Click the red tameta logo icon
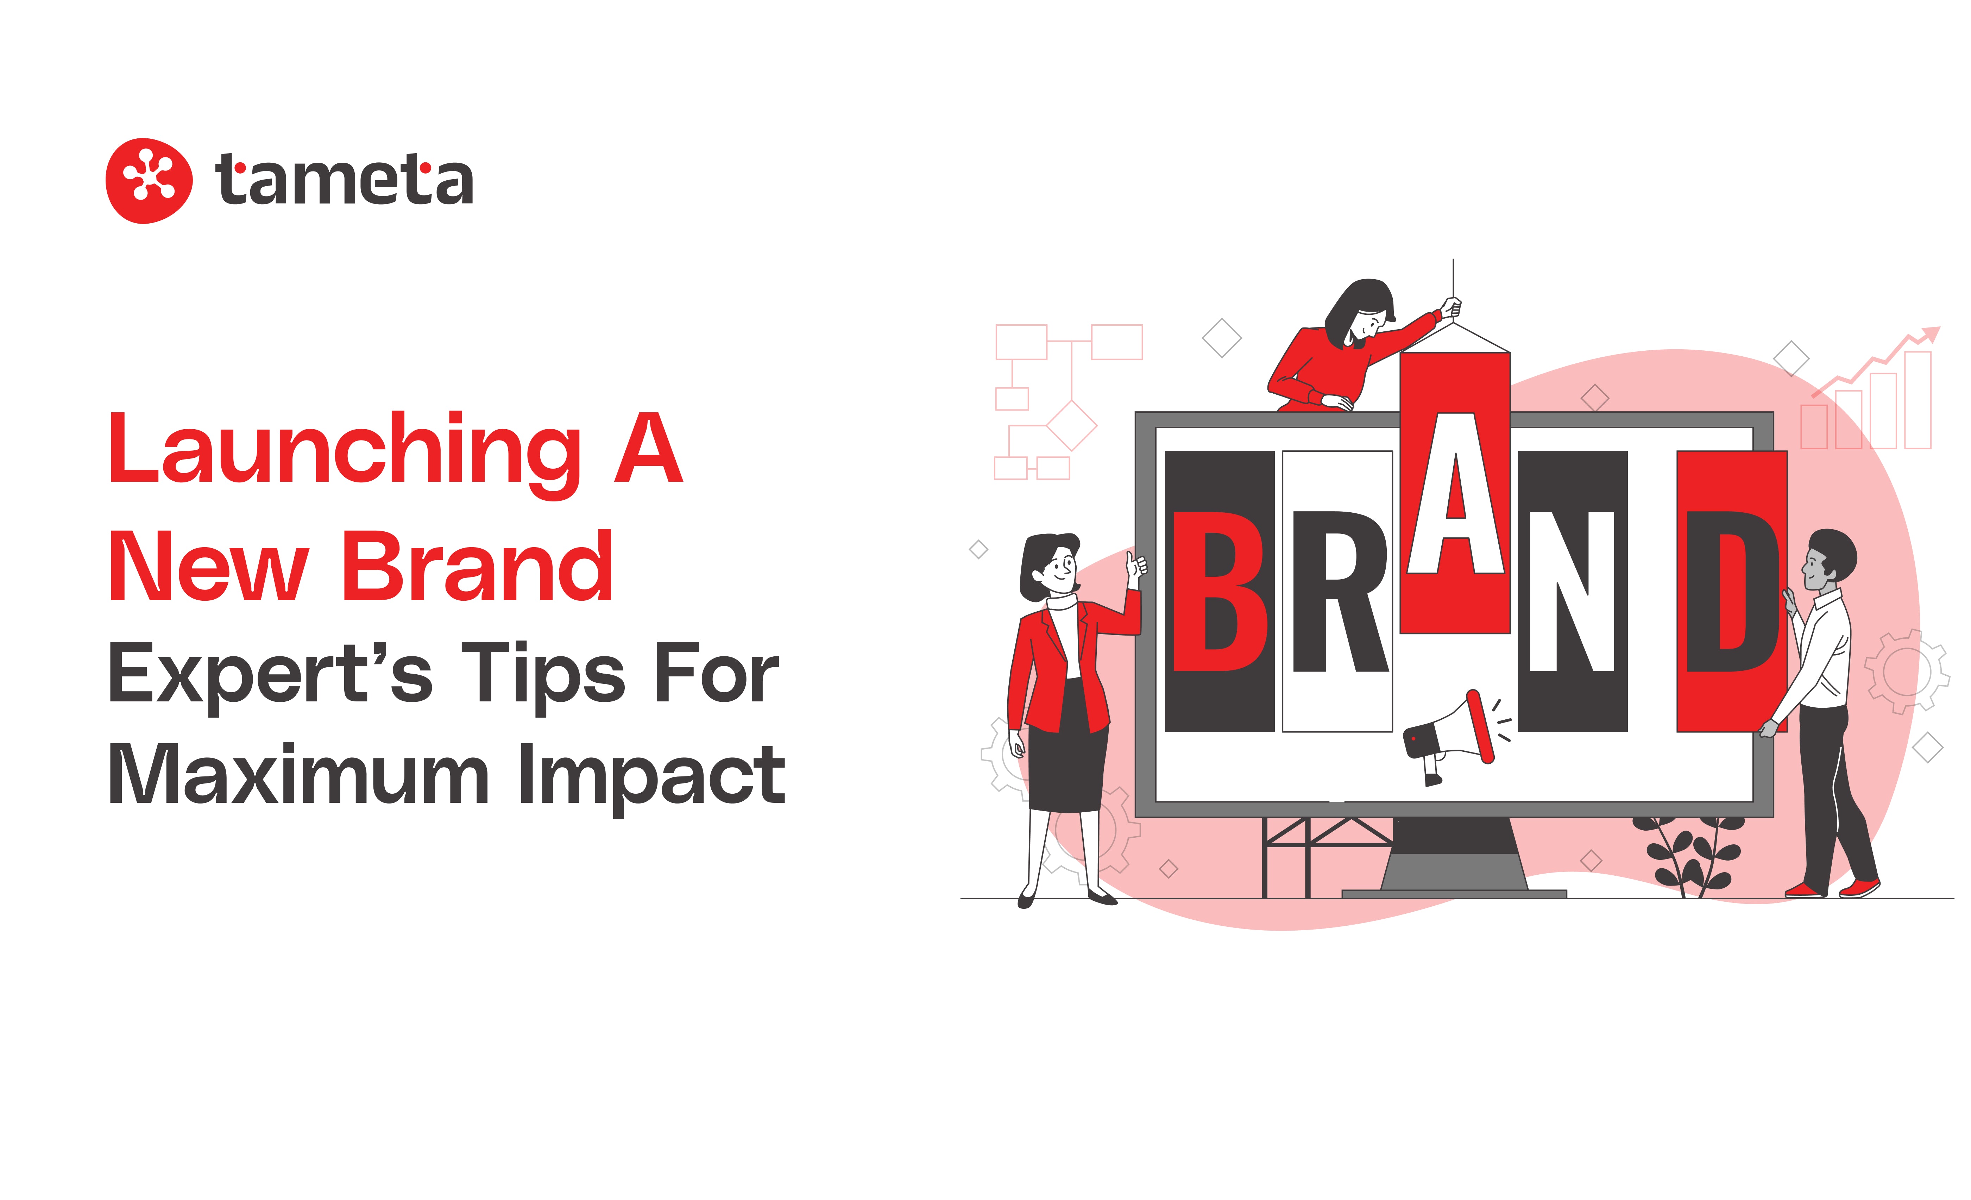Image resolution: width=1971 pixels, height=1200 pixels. point(149,181)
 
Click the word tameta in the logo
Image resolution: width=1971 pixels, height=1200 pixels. point(344,179)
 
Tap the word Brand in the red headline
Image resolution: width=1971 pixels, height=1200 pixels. point(478,565)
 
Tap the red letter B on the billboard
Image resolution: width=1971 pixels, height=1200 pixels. point(1219,591)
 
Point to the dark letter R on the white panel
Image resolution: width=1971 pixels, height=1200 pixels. point(1340,591)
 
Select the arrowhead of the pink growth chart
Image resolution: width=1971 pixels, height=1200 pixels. point(1931,333)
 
